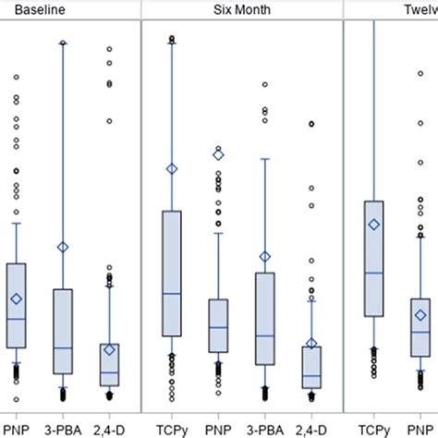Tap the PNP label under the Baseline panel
(16, 429)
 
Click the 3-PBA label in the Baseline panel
(63, 429)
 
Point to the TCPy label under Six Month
(172, 429)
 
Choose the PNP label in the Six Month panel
(219, 429)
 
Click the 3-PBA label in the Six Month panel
(265, 429)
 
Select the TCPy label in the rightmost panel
(373, 429)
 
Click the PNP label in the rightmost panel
(420, 429)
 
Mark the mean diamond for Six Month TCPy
(172, 169)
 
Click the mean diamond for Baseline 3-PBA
(63, 247)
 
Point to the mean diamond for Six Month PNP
(219, 154)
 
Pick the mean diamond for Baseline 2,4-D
(110, 349)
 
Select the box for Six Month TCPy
(172, 274)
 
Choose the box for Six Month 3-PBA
(265, 317)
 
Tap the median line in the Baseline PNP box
(16, 319)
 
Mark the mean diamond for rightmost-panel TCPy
(373, 225)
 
